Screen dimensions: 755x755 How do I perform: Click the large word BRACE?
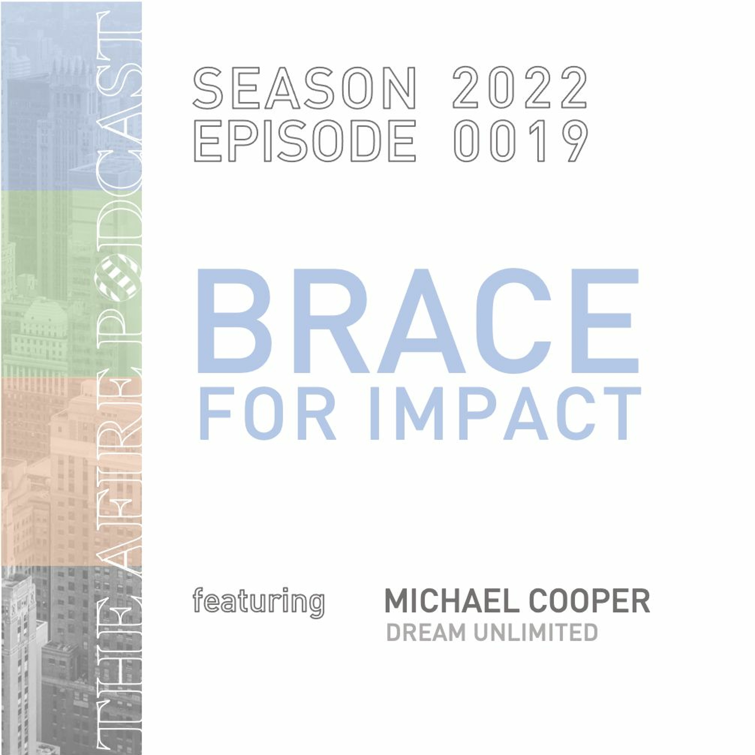[x=417, y=321]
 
